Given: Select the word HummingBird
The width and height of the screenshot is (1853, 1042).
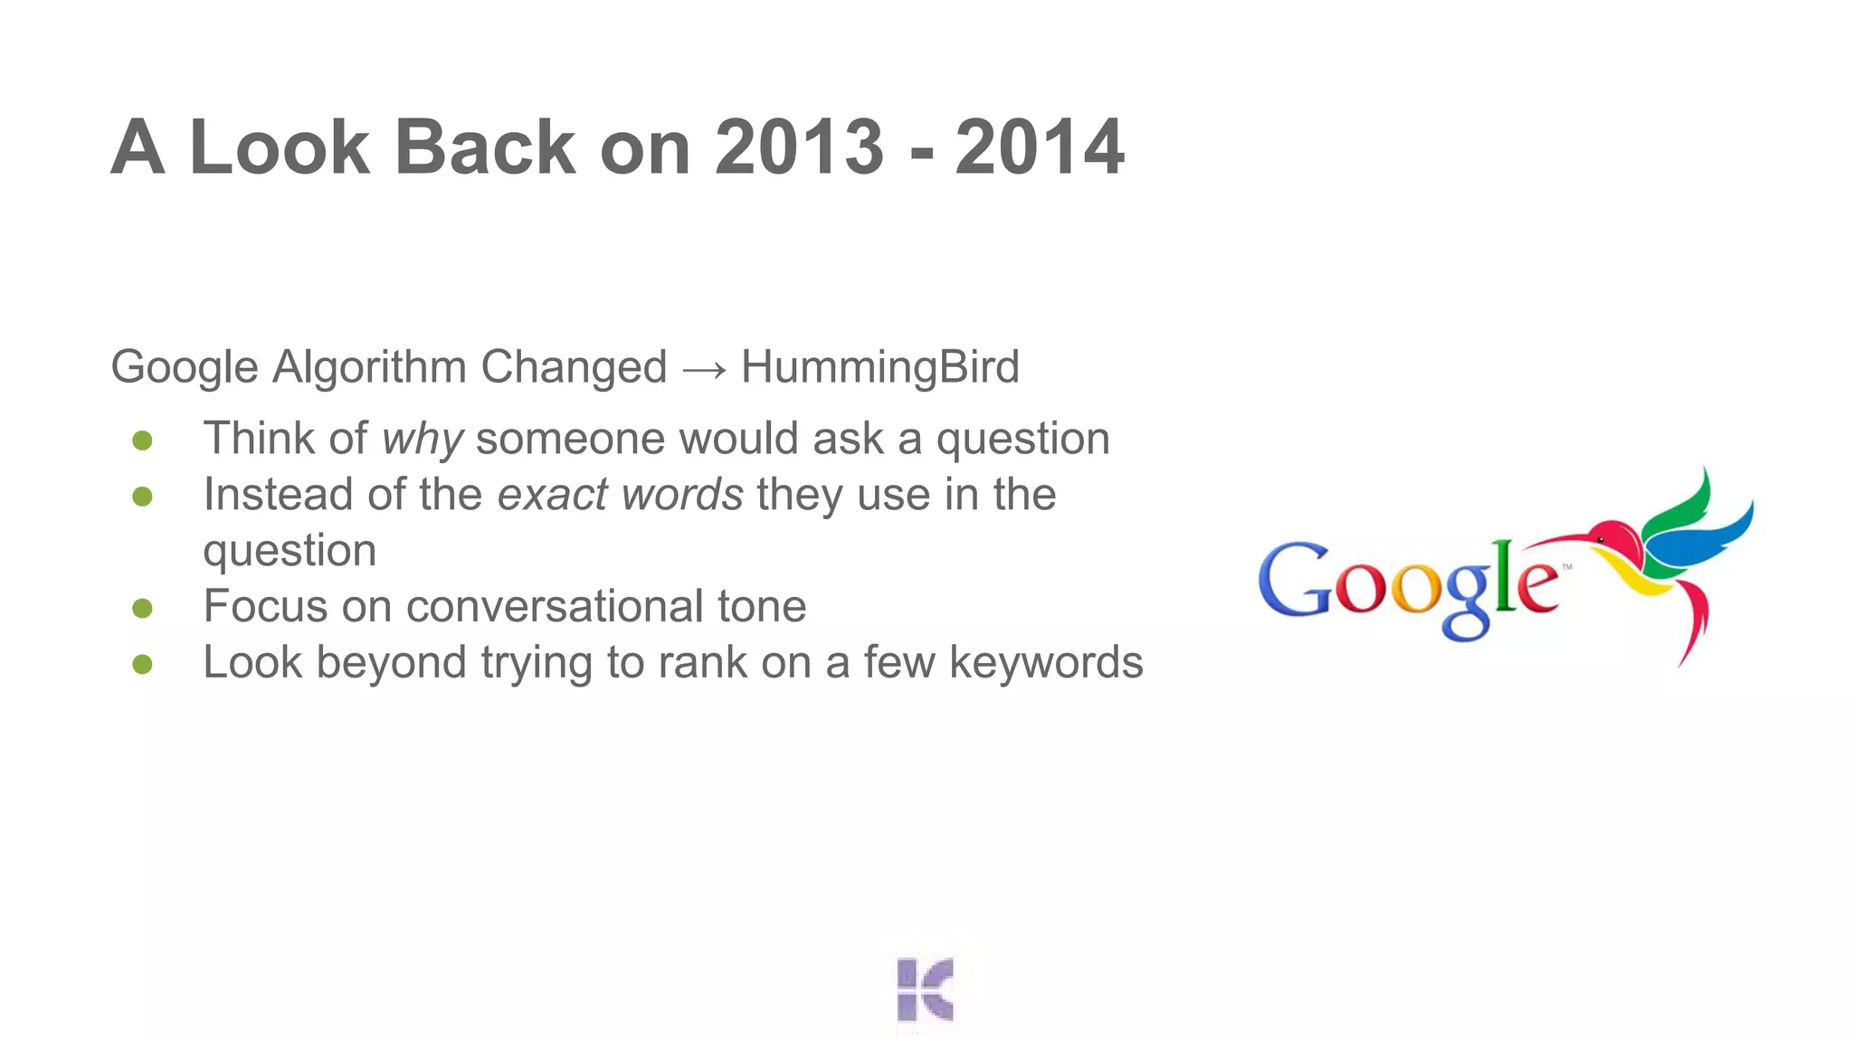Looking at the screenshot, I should coord(879,367).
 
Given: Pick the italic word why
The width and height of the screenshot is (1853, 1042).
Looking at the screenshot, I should coord(423,440).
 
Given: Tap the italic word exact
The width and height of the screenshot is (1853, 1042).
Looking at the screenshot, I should coord(552,495).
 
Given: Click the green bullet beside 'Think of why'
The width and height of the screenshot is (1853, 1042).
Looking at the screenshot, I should coord(142,440).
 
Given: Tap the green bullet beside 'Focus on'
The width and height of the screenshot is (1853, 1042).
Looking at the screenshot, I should coord(142,608).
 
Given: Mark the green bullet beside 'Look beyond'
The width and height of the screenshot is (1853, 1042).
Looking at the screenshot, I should coord(142,665).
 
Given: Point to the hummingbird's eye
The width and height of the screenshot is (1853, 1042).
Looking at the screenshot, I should coord(1600,540).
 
